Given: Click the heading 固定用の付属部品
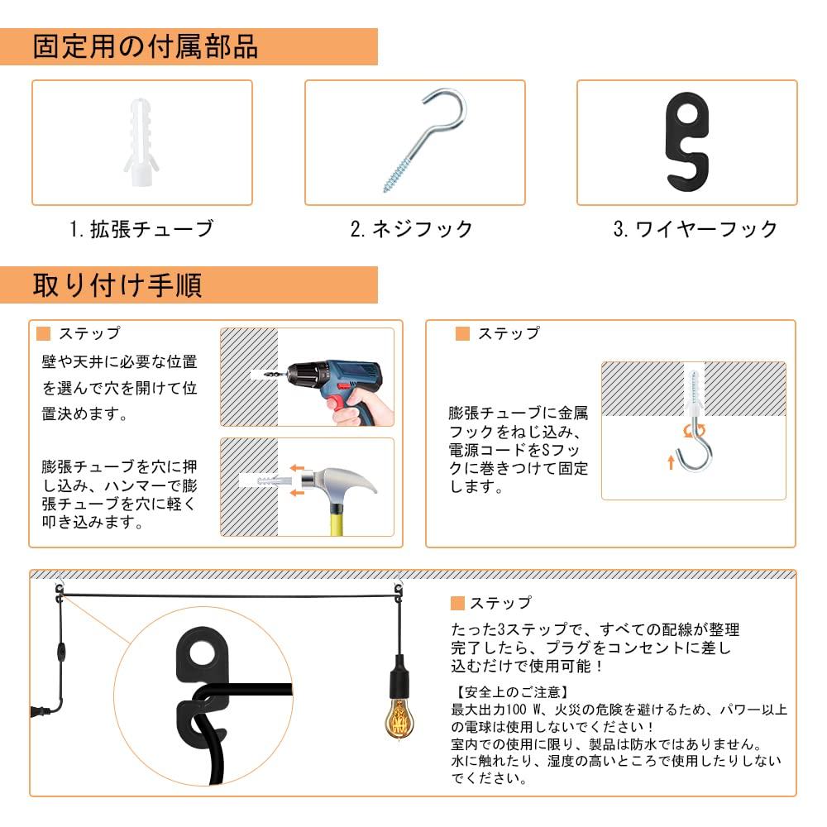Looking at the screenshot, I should (146, 46).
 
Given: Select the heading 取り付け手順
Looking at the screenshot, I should (117, 284).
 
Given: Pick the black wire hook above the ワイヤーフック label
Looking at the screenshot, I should (686, 141).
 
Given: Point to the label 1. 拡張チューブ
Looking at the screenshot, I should (141, 229).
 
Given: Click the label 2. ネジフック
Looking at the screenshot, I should (412, 229).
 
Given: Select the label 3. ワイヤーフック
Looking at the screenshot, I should (695, 229).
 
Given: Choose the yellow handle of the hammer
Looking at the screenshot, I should (340, 517).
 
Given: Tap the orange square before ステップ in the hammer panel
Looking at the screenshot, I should (45, 334).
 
